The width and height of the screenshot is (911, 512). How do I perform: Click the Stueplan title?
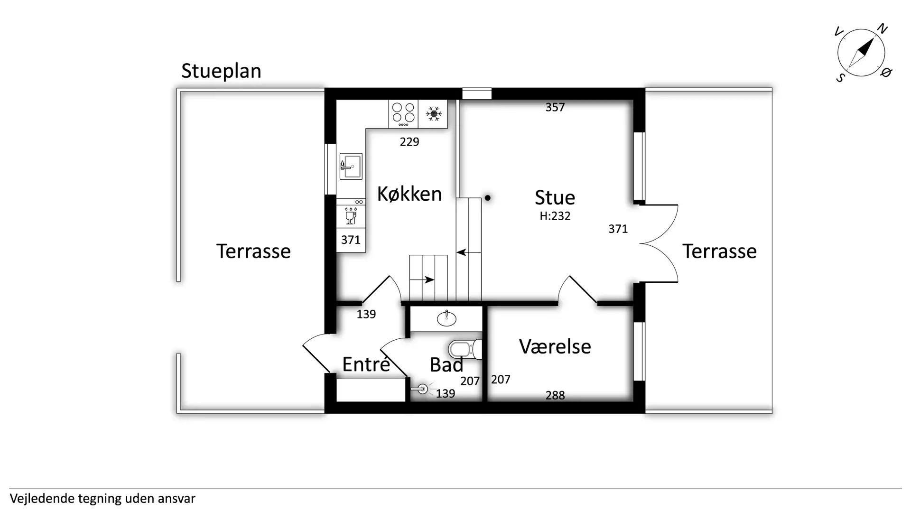[x=221, y=71]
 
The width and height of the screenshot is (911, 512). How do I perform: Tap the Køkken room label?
[x=409, y=194]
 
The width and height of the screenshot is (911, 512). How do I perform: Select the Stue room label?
[x=555, y=197]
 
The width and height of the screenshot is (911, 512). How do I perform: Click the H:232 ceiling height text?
[x=555, y=216]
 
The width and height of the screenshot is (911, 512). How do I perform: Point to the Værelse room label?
[x=555, y=346]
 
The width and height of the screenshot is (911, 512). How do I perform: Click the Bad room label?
[x=446, y=364]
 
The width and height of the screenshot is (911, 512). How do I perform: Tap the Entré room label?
[x=366, y=364]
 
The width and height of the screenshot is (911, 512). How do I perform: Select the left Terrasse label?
[x=253, y=251]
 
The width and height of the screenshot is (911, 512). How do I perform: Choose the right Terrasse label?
[x=719, y=251]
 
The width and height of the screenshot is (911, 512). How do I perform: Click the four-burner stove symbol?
[x=403, y=114]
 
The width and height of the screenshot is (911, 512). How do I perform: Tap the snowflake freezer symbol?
[x=433, y=114]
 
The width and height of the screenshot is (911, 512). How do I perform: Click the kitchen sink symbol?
[x=351, y=166]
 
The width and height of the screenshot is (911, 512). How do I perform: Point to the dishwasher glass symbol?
[x=351, y=216]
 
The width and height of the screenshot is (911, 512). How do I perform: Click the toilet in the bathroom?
[x=465, y=350]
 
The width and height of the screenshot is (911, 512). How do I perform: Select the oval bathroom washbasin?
[x=446, y=318]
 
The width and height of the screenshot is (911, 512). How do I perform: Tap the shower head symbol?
[x=422, y=390]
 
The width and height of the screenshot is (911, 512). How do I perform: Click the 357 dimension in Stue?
[x=555, y=108]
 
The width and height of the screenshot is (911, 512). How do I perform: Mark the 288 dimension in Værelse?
[x=555, y=395]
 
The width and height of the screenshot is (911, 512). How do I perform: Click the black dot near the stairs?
[x=487, y=198]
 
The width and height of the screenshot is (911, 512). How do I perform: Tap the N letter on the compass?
[x=882, y=28]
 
